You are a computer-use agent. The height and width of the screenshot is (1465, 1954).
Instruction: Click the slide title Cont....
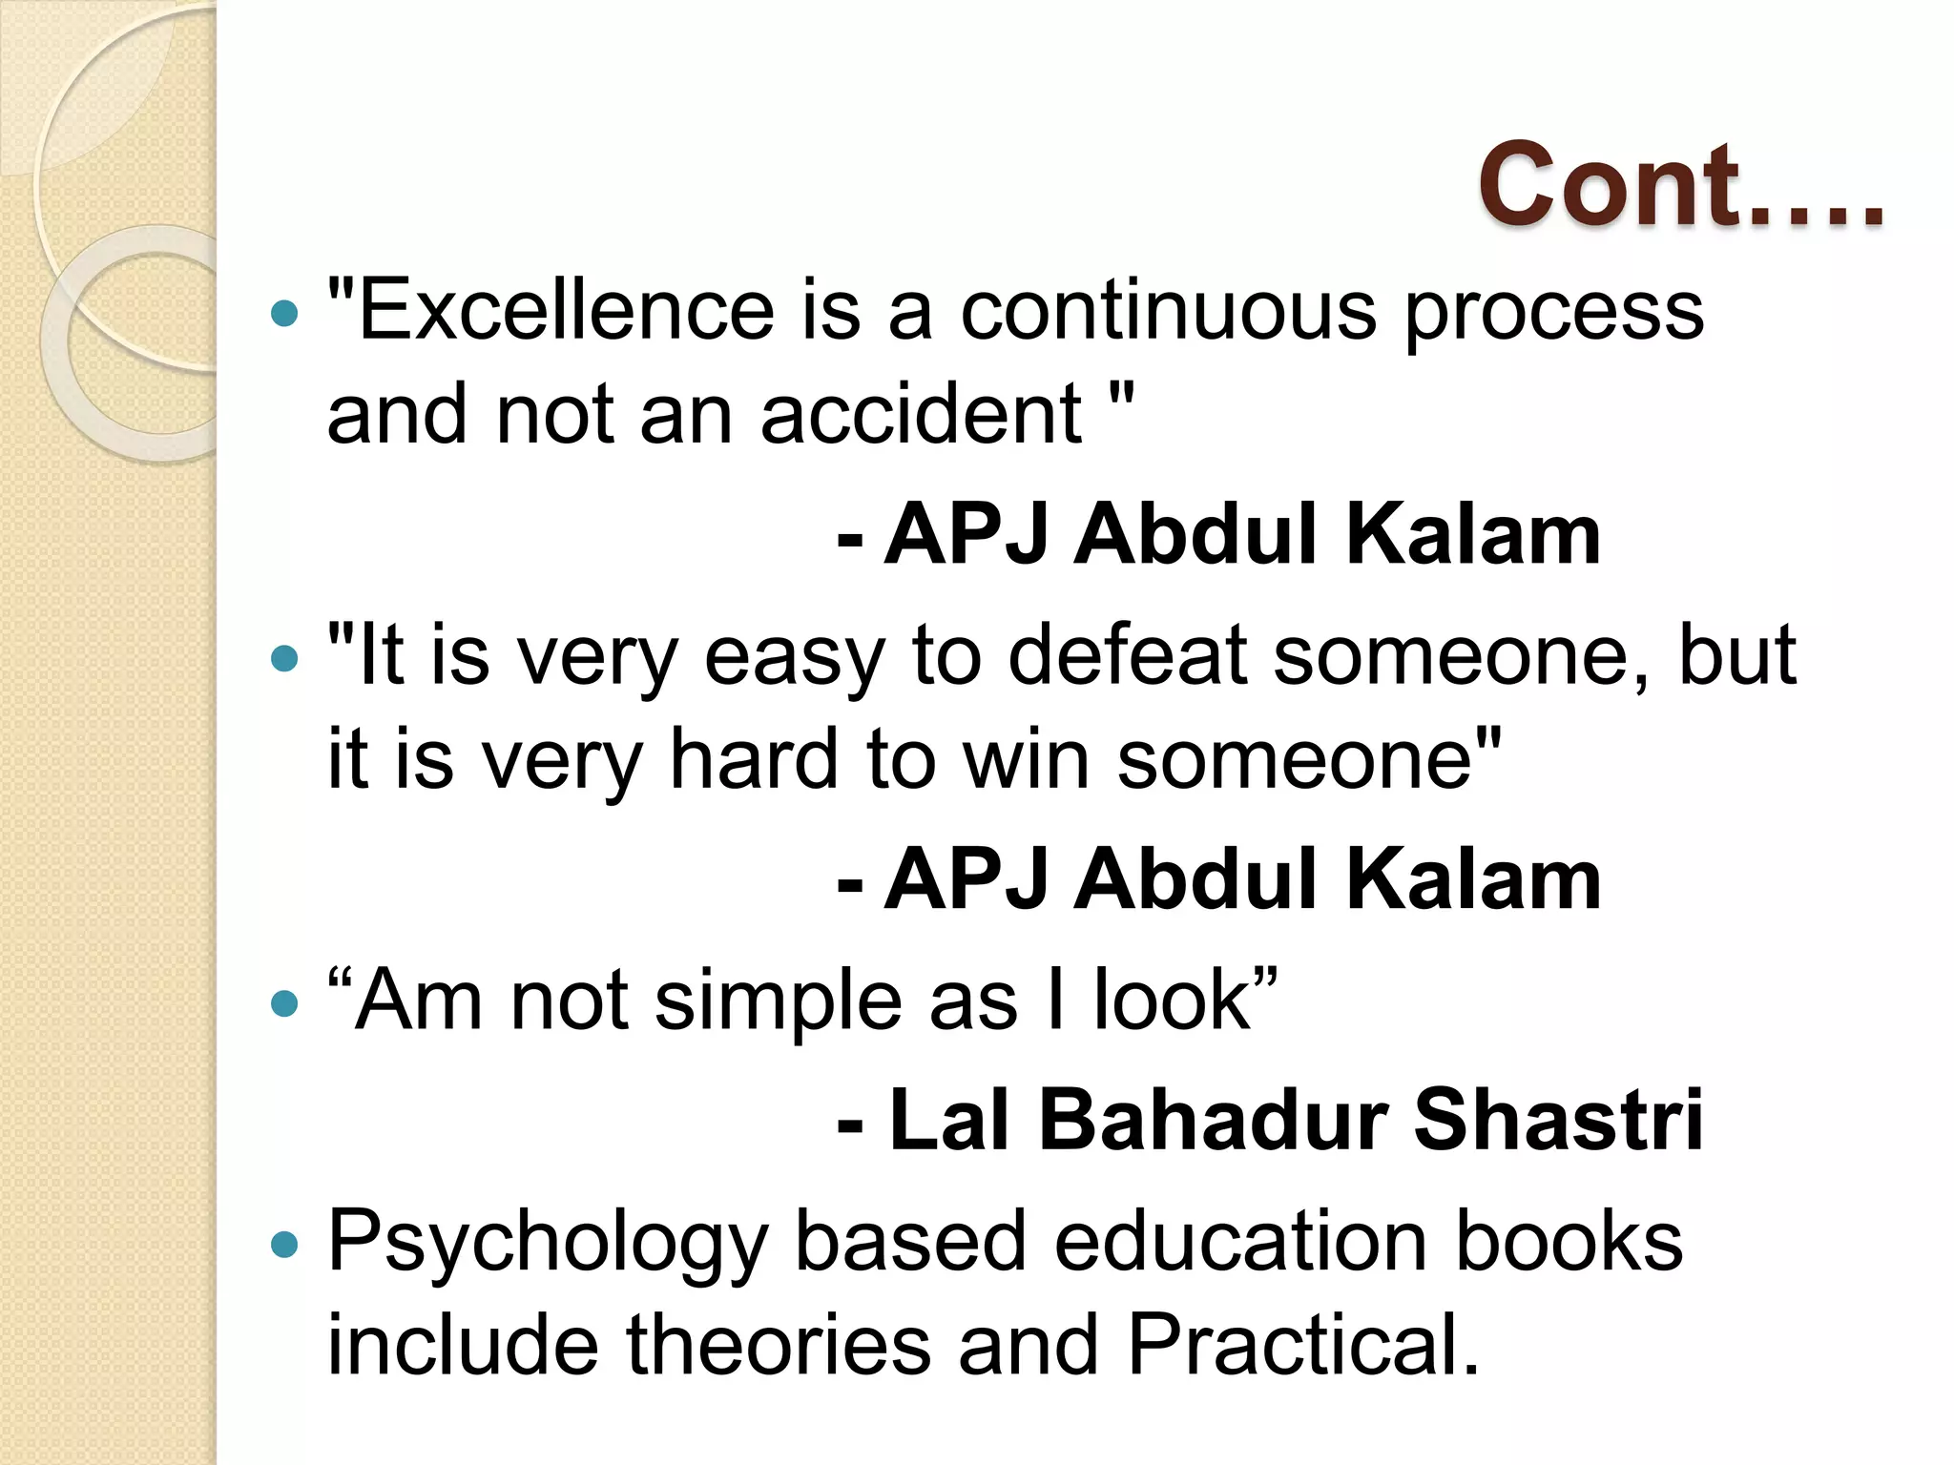(1681, 185)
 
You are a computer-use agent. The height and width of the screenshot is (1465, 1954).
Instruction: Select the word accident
(922, 414)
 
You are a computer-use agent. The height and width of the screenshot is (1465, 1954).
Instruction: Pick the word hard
(753, 759)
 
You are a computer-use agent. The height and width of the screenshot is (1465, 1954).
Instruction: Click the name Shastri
(1557, 1120)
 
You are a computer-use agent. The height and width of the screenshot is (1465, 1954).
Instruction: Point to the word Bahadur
(1212, 1120)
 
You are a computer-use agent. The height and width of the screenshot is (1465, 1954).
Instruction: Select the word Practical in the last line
(1302, 1344)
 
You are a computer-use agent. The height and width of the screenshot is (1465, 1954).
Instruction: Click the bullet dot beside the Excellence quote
(284, 312)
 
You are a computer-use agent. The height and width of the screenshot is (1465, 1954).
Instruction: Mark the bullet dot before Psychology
(284, 1244)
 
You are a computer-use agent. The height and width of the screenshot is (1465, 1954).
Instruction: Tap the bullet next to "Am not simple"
(284, 1003)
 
